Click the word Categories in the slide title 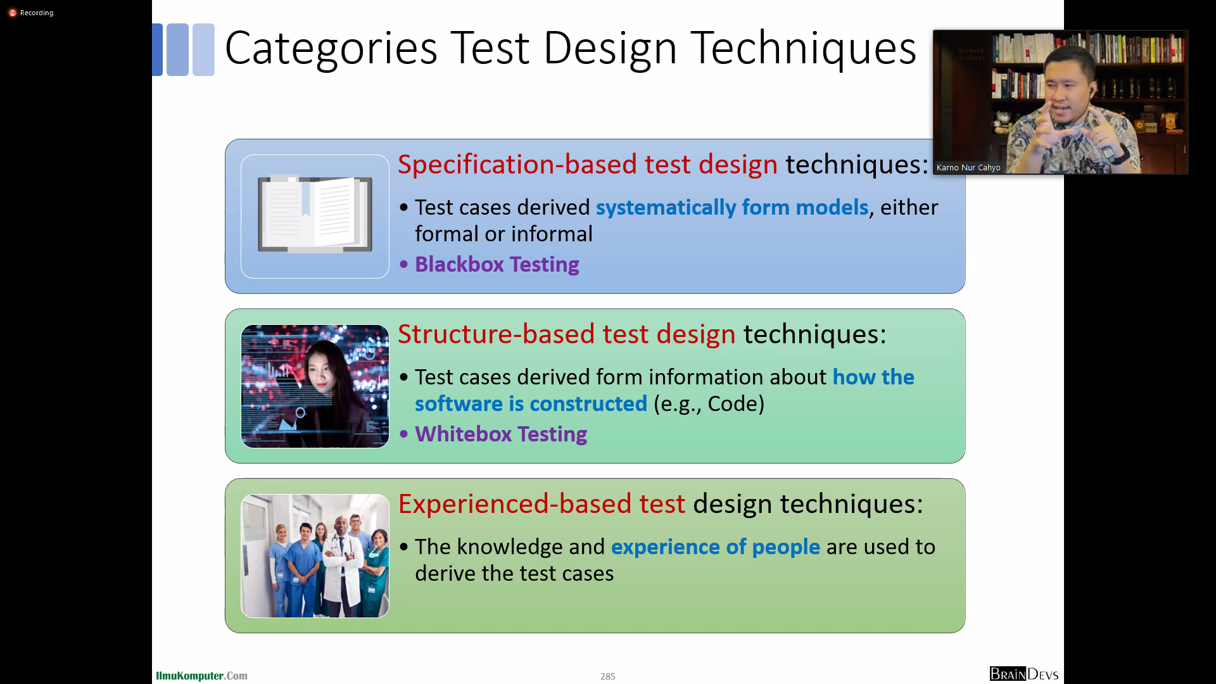point(331,49)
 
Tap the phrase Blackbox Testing point(497,264)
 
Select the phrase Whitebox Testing point(500,434)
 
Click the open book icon point(315,214)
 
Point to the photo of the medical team point(315,556)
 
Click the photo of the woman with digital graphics point(315,386)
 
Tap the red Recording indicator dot point(12,13)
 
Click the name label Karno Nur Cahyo point(968,168)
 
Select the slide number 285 point(608,676)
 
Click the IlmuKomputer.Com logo point(201,676)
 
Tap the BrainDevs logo point(1023,674)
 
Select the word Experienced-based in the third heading point(515,503)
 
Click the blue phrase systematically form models point(732,208)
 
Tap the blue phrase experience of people point(716,547)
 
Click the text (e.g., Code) point(709,404)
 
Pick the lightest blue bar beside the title point(203,49)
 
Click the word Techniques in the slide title point(803,49)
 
